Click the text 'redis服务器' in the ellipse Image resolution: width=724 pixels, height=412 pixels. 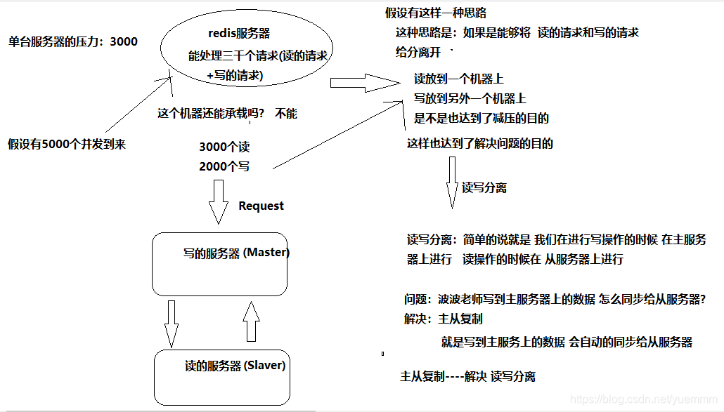pyautogui.click(x=239, y=34)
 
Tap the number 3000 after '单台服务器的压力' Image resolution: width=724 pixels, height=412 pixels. pyautogui.click(x=124, y=41)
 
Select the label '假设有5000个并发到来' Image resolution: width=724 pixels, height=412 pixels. pyautogui.click(x=67, y=145)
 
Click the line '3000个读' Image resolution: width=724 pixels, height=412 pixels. pyautogui.click(x=224, y=147)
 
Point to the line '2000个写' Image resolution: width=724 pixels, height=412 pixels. pyautogui.click(x=224, y=166)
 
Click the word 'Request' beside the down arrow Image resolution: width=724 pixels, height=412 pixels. pyautogui.click(x=261, y=206)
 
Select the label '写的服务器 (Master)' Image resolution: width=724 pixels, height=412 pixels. pyautogui.click(x=236, y=253)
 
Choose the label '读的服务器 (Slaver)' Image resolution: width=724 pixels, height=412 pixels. pyautogui.click(x=235, y=366)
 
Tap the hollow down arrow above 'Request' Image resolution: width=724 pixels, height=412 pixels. pyautogui.click(x=219, y=201)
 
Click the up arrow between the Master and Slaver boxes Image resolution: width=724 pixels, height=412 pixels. pyautogui.click(x=251, y=322)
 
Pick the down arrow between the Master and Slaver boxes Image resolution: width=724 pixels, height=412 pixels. pyautogui.click(x=171, y=324)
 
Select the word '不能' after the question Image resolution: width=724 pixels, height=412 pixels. pyautogui.click(x=286, y=114)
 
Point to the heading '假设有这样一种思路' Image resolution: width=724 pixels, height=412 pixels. pyautogui.click(x=436, y=13)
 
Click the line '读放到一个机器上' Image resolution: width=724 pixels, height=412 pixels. pyautogui.click(x=458, y=79)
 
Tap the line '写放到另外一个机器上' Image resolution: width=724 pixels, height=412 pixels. pyautogui.click(x=470, y=98)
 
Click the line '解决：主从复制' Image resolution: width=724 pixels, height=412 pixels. pyautogui.click(x=443, y=319)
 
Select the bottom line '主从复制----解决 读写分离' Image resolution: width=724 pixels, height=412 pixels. pyautogui.click(x=467, y=376)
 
